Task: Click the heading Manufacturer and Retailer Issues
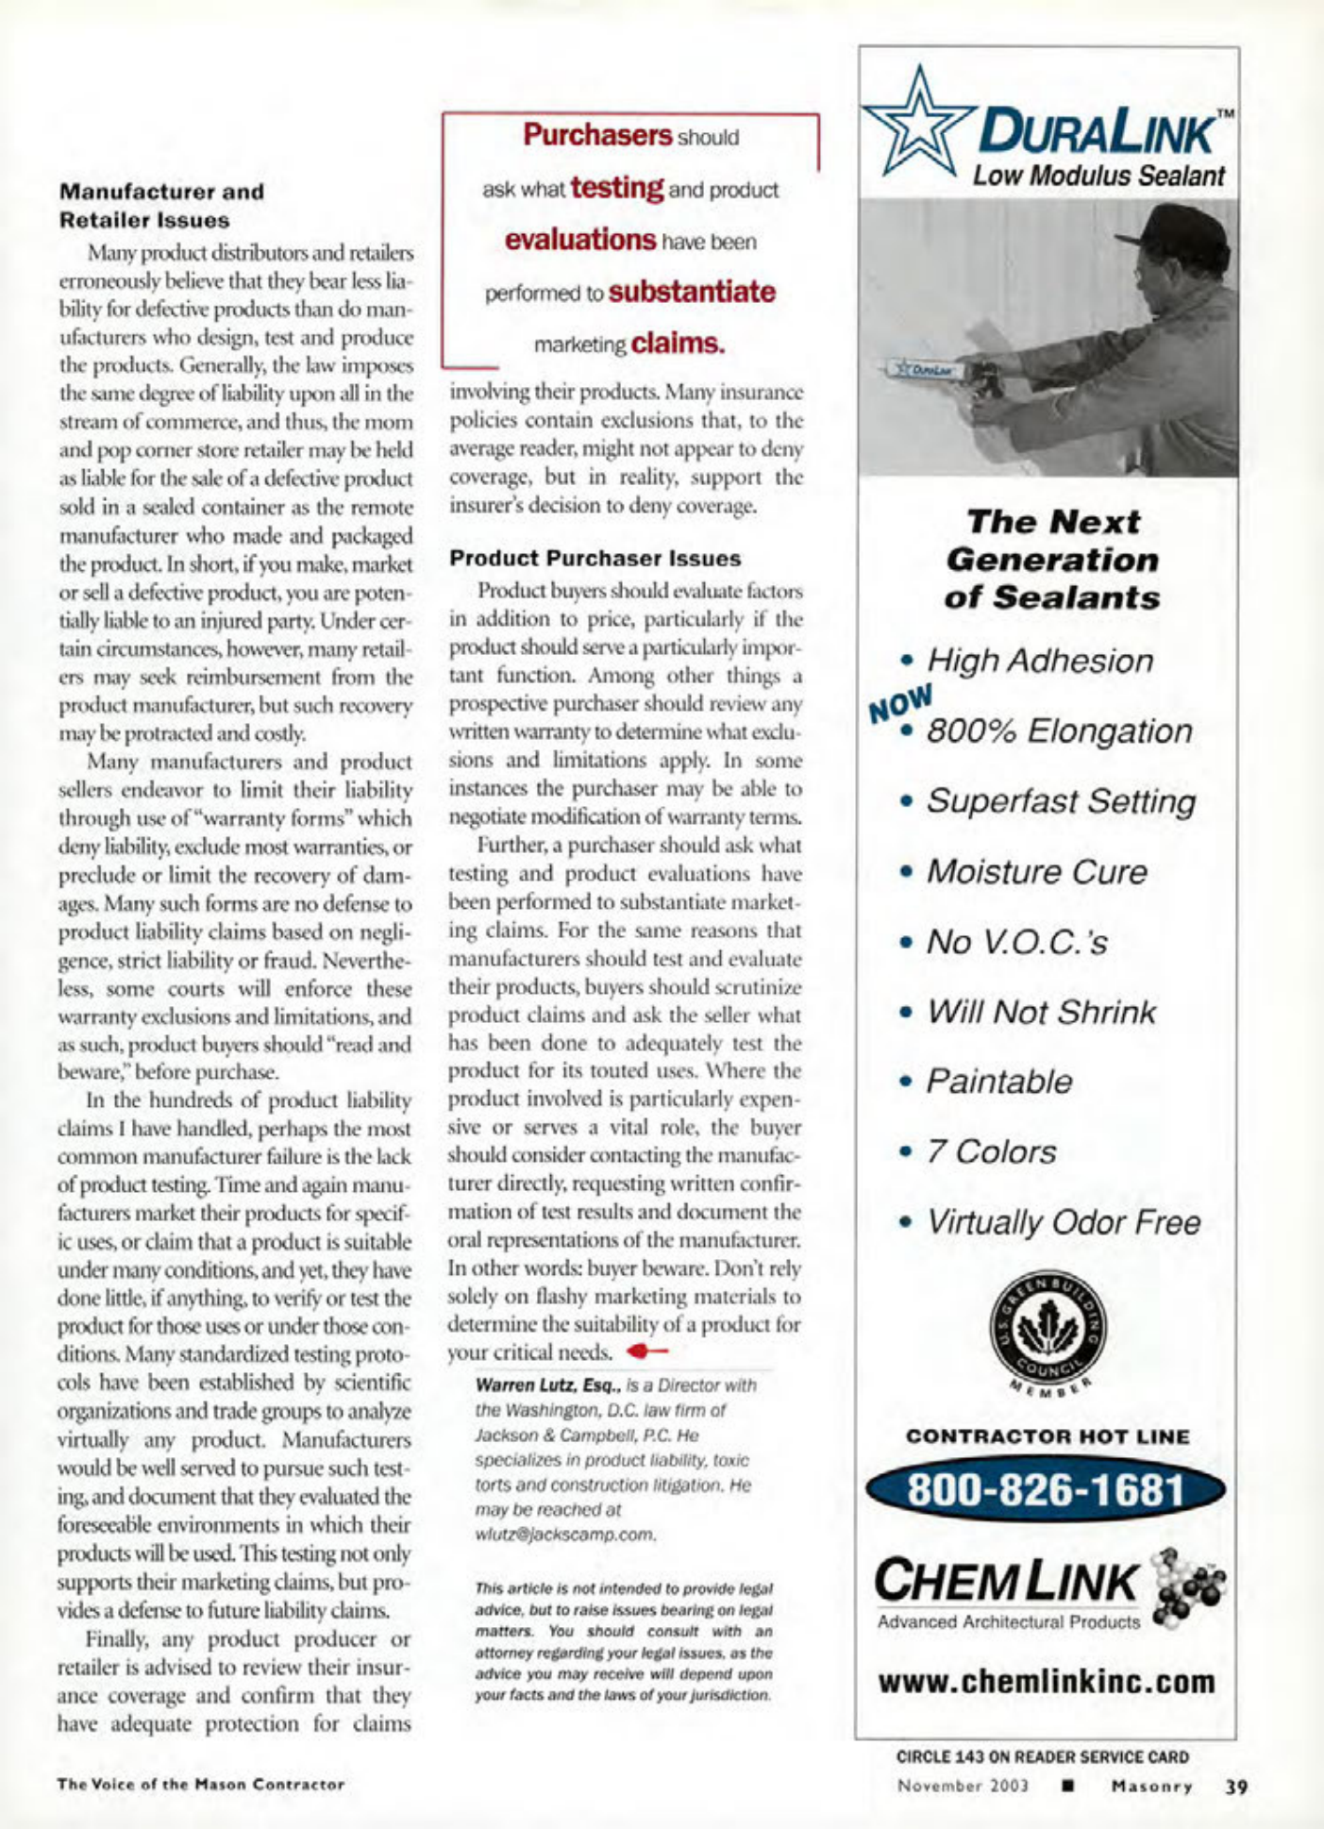(x=161, y=206)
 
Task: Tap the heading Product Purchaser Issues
(x=595, y=558)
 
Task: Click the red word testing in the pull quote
(x=617, y=187)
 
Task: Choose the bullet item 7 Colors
(x=990, y=1152)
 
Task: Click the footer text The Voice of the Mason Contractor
(x=201, y=1785)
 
